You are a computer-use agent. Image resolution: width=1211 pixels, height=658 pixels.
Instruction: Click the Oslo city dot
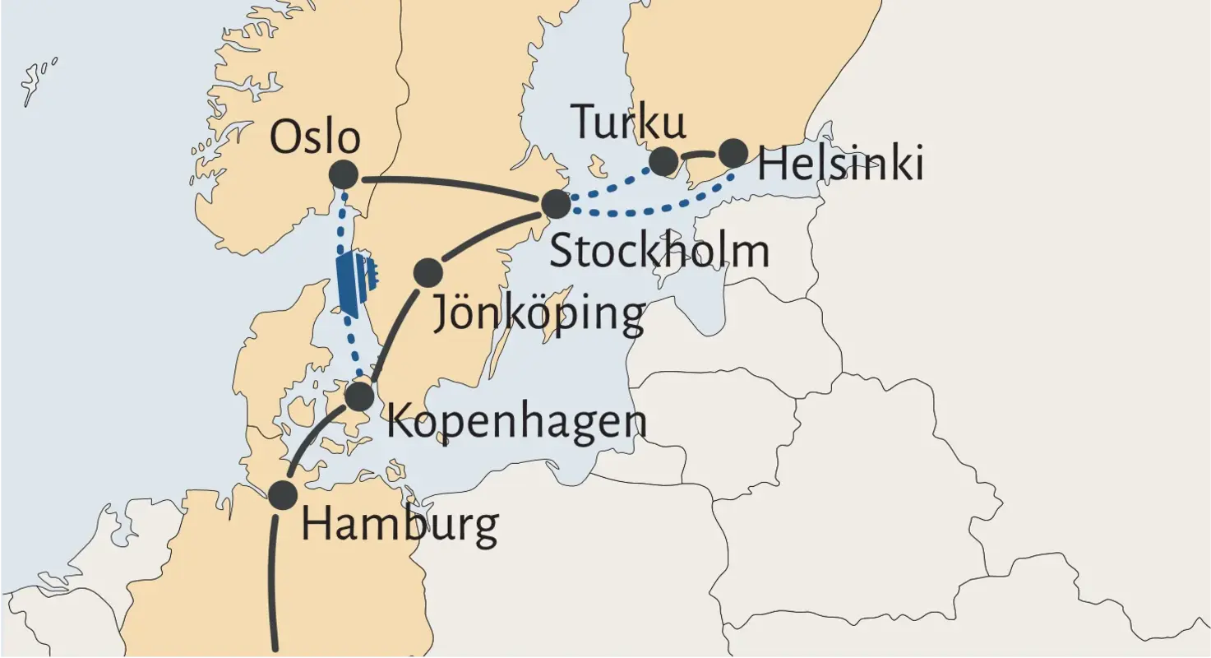(343, 174)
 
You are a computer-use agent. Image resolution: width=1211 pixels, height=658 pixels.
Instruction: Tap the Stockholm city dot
(557, 204)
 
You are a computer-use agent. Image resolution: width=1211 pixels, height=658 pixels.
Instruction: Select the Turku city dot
(664, 161)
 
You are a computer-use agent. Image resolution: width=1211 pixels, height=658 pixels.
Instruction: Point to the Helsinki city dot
(733, 153)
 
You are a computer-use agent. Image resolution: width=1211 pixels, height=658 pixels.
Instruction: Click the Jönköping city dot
(428, 272)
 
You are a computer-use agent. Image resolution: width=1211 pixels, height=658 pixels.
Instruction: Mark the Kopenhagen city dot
(359, 396)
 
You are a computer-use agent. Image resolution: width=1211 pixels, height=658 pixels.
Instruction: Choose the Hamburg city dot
(282, 494)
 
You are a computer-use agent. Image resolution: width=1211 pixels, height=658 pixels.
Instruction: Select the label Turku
(628, 122)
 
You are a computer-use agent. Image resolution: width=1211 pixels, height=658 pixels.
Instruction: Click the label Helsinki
(840, 164)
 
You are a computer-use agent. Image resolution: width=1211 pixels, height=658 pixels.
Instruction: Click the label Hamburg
(400, 525)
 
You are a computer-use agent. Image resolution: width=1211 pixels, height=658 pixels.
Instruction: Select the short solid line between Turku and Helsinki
(699, 155)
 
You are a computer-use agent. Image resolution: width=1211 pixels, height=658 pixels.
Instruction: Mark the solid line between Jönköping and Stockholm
(493, 233)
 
